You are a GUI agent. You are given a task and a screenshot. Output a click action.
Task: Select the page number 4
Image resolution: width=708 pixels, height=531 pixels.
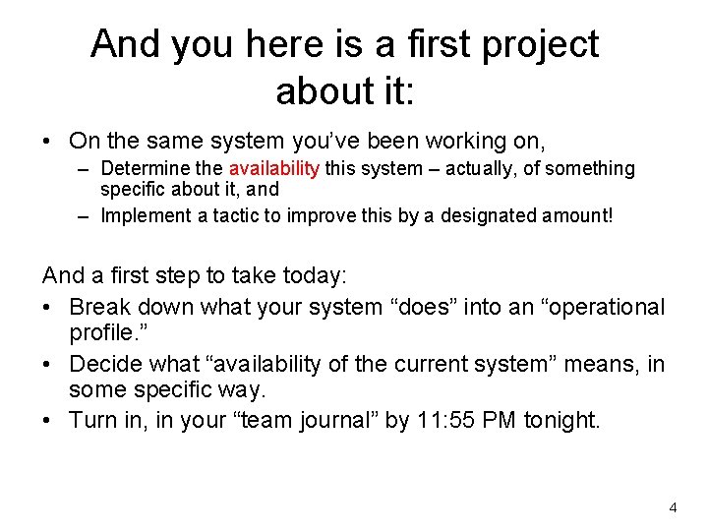(x=673, y=507)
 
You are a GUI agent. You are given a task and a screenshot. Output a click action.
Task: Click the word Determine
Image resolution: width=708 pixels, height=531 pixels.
(x=145, y=169)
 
